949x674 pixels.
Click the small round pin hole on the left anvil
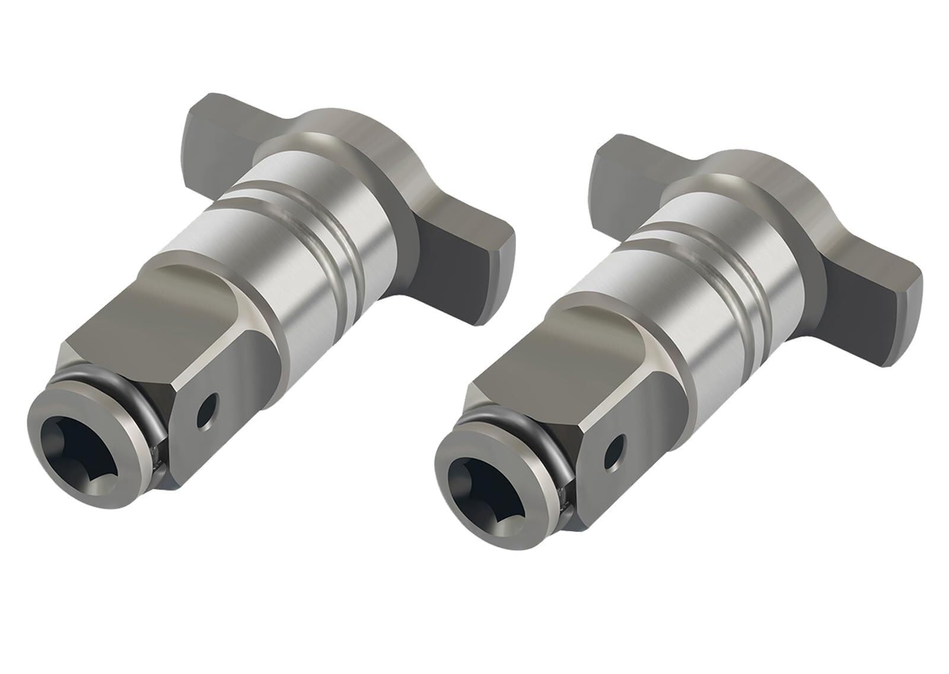point(208,409)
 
